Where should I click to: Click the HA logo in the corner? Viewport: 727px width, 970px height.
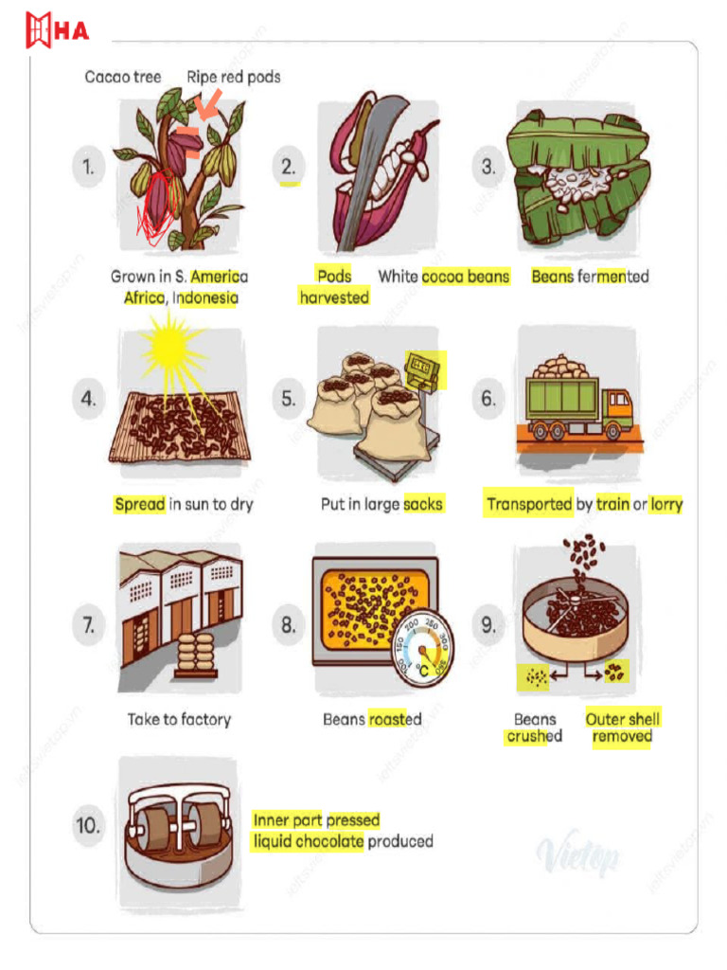tap(58, 30)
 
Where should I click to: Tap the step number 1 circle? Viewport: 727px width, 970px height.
tap(88, 168)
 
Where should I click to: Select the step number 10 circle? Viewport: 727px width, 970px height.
tap(88, 825)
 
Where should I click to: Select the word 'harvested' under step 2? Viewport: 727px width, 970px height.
tap(333, 297)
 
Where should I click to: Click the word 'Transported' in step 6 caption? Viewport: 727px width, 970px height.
tap(529, 505)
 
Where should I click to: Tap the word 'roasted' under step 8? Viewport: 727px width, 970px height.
tap(395, 719)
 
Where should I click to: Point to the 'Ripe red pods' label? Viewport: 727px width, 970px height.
tap(233, 77)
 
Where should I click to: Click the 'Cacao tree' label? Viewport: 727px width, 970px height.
tap(123, 77)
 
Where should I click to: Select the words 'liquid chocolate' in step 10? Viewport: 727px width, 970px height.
tap(308, 841)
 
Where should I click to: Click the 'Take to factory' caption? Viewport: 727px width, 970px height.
tap(179, 719)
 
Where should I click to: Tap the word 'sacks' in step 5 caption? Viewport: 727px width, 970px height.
tap(422, 505)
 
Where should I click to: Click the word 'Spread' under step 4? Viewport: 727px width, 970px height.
tap(139, 505)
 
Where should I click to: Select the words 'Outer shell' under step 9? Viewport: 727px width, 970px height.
tap(623, 719)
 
